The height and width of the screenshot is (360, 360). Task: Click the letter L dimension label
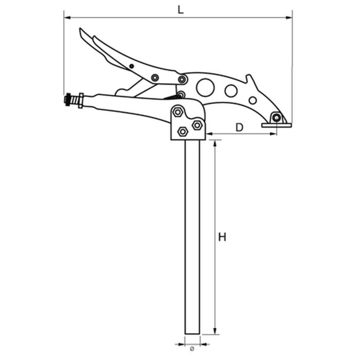[179, 9]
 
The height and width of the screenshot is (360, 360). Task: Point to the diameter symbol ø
[192, 349]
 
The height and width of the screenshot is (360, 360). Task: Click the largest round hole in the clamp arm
[205, 88]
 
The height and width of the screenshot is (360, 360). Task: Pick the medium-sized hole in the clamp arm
[231, 91]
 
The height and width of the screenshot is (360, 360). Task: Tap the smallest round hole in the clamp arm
[253, 100]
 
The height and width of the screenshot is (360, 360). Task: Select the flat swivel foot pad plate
[276, 125]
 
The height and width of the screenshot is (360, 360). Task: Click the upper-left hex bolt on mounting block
[177, 112]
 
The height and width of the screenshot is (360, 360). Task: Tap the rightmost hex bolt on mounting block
[196, 124]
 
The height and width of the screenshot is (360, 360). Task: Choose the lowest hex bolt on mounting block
[182, 132]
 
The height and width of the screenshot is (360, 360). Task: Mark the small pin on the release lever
[132, 66]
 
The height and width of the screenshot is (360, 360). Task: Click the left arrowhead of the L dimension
[66, 17]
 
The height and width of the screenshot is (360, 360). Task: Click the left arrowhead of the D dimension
[210, 135]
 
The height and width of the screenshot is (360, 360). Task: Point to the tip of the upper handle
[81, 30]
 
